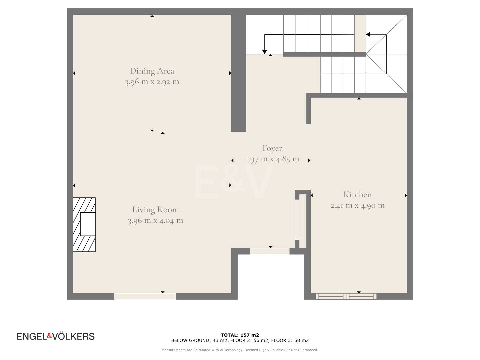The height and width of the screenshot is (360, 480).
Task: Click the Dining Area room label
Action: pyautogui.click(x=152, y=71)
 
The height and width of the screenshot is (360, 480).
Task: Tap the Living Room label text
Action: pyautogui.click(x=155, y=210)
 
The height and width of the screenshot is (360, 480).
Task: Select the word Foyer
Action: pyautogui.click(x=272, y=148)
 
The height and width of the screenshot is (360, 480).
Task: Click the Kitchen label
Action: pyautogui.click(x=357, y=195)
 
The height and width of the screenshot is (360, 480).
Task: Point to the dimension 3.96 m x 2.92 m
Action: pyautogui.click(x=152, y=82)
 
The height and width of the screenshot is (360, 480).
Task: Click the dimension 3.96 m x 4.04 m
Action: pyautogui.click(x=155, y=221)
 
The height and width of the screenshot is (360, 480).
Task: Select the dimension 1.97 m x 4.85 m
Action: pyautogui.click(x=272, y=159)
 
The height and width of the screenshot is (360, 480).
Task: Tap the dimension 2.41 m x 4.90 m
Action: pyautogui.click(x=357, y=206)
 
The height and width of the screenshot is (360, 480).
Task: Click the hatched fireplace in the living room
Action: pyautogui.click(x=84, y=225)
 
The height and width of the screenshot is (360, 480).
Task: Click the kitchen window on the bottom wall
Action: pyautogui.click(x=346, y=296)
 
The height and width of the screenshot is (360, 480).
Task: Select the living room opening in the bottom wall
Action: pyautogui.click(x=145, y=296)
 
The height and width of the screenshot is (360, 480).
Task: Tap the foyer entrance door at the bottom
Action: pyautogui.click(x=270, y=251)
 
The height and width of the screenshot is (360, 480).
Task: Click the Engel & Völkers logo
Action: pyautogui.click(x=56, y=336)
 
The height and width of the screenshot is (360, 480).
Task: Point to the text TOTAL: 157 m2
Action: pyautogui.click(x=240, y=335)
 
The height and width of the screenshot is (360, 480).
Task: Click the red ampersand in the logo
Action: pyautogui.click(x=50, y=336)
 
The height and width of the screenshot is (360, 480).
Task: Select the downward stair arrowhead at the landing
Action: pyautogui.click(x=265, y=52)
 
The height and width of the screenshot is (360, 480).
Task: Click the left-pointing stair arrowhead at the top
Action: pyautogui.click(x=368, y=34)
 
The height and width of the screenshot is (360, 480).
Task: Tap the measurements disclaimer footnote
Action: pyautogui.click(x=240, y=350)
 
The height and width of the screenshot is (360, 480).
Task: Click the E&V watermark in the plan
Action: pyautogui.click(x=234, y=182)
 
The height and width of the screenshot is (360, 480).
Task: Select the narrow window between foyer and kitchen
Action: pyautogui.click(x=297, y=219)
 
